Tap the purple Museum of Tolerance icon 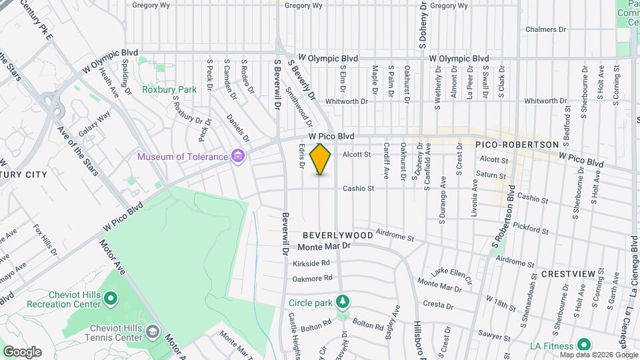(x=237, y=157)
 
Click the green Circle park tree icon (x=342, y=302)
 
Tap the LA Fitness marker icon (x=584, y=345)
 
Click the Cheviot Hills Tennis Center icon (x=153, y=332)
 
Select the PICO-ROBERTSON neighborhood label (x=516, y=145)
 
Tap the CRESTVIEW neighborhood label (x=567, y=274)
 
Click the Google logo (x=21, y=351)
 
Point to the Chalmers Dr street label (x=545, y=29)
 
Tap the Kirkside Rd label (x=311, y=263)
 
